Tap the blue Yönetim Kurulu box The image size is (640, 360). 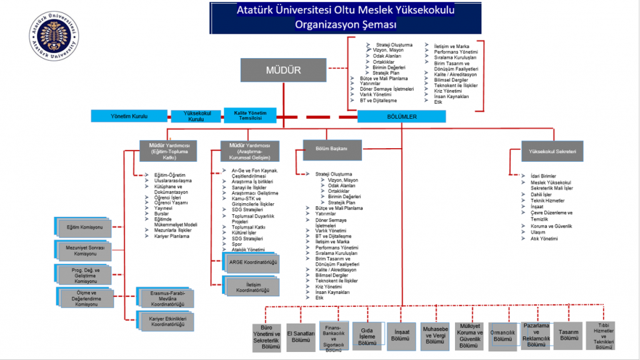tap(129, 116)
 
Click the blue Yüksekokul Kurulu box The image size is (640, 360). tap(196, 116)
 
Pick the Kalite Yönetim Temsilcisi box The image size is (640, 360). tap(250, 116)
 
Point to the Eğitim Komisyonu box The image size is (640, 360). tap(84, 228)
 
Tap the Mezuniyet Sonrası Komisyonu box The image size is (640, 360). tap(84, 251)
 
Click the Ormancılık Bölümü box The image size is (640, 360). tap(503, 336)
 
